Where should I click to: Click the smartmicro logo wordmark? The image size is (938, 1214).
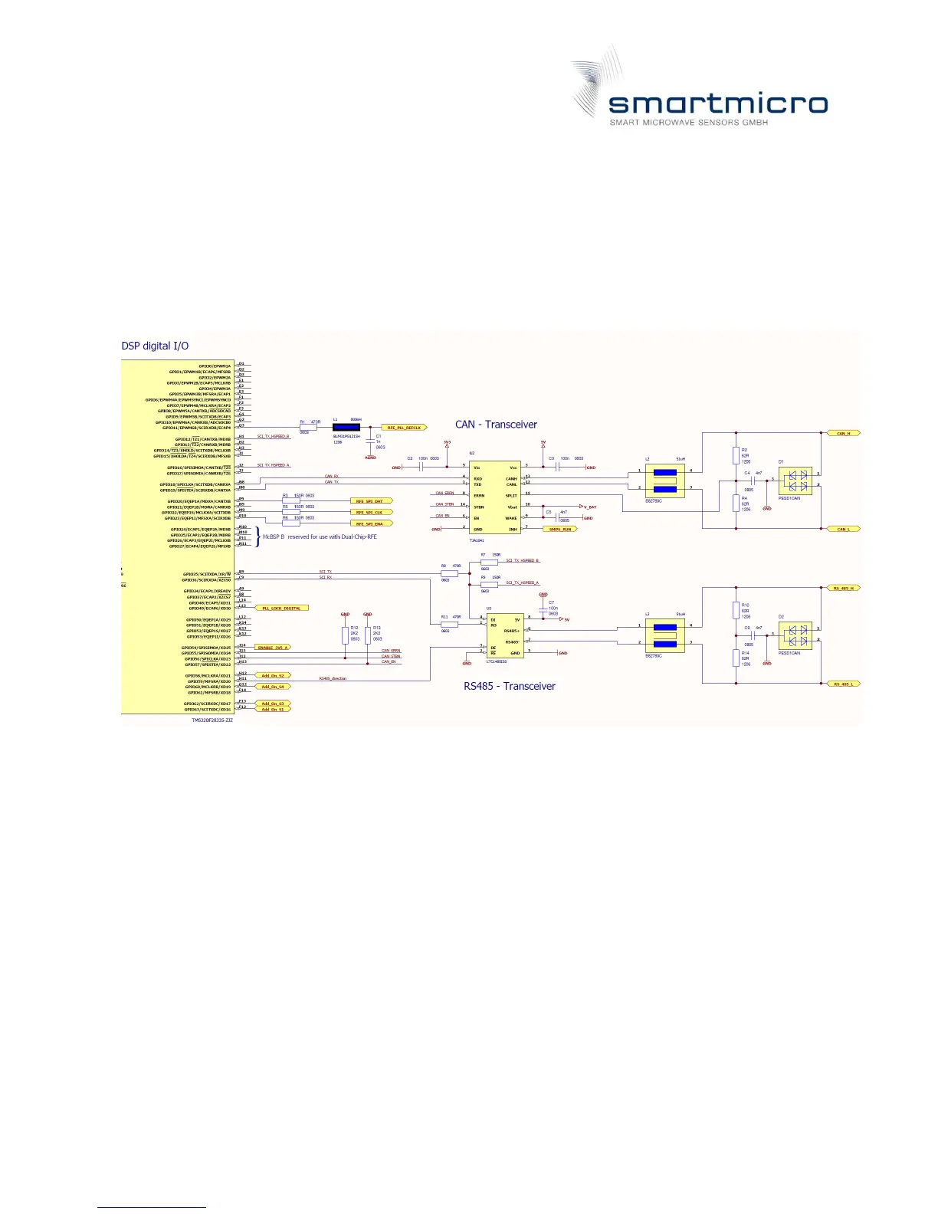[717, 105]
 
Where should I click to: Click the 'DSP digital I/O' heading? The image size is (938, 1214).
[155, 346]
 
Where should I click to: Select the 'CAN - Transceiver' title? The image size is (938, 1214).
[496, 425]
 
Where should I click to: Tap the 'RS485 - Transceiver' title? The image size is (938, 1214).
[509, 686]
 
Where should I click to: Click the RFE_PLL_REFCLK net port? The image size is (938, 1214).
[404, 428]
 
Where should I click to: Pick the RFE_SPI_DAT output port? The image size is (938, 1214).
[371, 501]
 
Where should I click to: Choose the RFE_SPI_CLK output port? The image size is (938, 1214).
[371, 512]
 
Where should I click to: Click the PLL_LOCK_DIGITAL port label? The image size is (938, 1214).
[282, 608]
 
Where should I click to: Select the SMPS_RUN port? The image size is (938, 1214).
[560, 529]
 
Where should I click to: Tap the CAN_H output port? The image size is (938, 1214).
[843, 433]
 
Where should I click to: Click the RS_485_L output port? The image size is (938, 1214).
[844, 684]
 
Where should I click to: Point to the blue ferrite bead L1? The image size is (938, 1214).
[346, 428]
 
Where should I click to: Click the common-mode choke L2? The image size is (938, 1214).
[664, 481]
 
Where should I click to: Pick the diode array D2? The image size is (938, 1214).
[795, 635]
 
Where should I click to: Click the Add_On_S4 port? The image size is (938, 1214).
[273, 687]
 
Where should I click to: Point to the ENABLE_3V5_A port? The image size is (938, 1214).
[274, 648]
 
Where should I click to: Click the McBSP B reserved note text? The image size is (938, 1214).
[320, 536]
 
